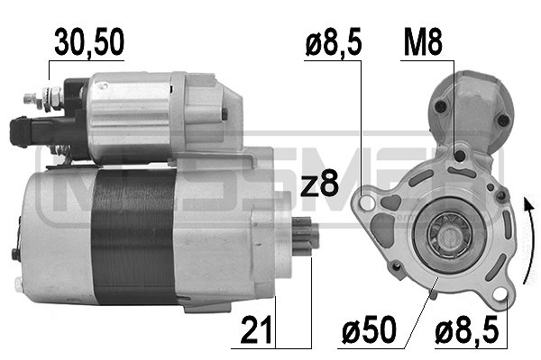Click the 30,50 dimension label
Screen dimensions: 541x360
click(x=89, y=42)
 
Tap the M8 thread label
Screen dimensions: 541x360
click(x=423, y=42)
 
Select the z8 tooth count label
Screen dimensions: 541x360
click(x=319, y=184)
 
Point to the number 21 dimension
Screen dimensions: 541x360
click(x=257, y=329)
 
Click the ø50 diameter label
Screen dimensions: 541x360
click(x=369, y=329)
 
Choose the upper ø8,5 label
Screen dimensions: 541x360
click(x=334, y=42)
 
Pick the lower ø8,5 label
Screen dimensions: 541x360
click(x=467, y=329)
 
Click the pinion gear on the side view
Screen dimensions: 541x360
click(x=306, y=236)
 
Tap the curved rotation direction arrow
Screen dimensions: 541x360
click(x=529, y=241)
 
